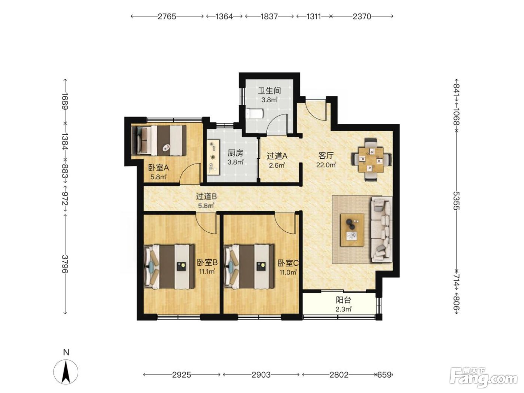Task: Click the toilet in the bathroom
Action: (254, 113)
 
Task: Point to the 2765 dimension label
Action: (167, 16)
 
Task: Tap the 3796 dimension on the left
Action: (65, 264)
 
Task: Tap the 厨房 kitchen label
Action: (235, 153)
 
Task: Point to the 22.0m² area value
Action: (326, 165)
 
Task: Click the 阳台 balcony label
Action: (343, 300)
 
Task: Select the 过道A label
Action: (277, 156)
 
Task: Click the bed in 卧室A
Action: (159, 141)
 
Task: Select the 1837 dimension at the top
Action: (269, 16)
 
